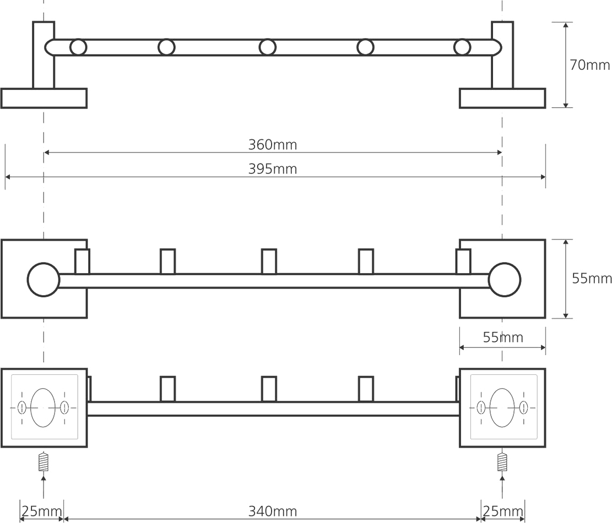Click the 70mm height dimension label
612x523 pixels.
click(589, 65)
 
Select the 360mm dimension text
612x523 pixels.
click(272, 145)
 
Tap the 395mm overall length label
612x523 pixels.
click(272, 169)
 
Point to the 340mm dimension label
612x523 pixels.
click(272, 511)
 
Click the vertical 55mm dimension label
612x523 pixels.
click(592, 279)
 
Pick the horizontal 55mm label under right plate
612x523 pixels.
click(502, 337)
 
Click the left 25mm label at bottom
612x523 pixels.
click(41, 511)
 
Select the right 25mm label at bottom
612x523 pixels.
click(502, 511)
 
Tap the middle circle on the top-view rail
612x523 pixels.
click(268, 47)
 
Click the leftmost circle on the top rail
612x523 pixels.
click(78, 47)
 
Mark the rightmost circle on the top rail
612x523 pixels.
click(462, 47)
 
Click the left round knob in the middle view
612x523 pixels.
click(44, 280)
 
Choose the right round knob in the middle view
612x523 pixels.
click(504, 280)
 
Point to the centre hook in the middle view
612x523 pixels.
click(269, 261)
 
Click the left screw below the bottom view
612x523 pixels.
click(44, 461)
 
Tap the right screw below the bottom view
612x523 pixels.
click(502, 461)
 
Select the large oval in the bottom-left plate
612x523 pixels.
click(43, 407)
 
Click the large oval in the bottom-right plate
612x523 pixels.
click(502, 407)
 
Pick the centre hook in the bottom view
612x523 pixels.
click(269, 389)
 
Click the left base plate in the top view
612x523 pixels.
click(44, 98)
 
